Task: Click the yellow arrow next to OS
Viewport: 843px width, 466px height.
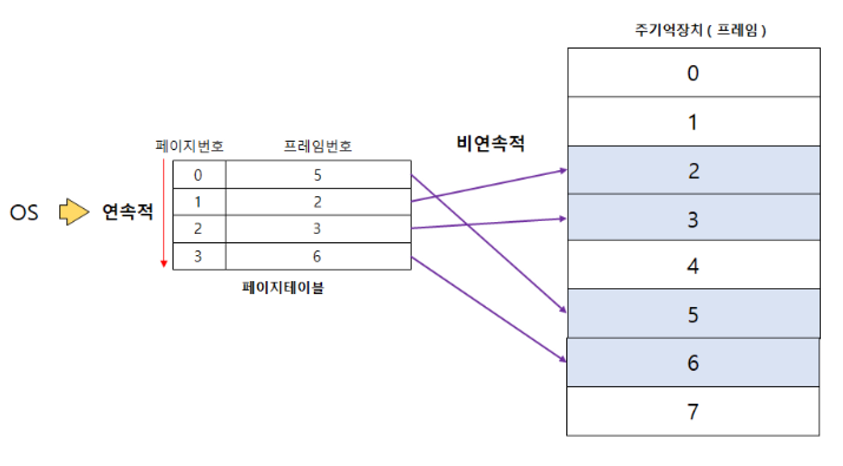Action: [x=74, y=212]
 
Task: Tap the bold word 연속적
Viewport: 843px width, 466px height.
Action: [x=127, y=212]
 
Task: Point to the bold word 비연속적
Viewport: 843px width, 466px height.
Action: [x=490, y=144]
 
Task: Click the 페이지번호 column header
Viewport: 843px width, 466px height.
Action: [x=189, y=146]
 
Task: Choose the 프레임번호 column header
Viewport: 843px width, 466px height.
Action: [x=317, y=146]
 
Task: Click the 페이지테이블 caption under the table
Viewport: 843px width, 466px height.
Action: [x=283, y=288]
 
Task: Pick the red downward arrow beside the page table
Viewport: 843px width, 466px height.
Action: [x=164, y=212]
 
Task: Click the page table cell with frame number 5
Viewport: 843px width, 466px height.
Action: [x=318, y=175]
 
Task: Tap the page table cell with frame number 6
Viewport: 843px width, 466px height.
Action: [x=318, y=257]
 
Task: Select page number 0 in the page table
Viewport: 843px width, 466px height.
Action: [x=198, y=175]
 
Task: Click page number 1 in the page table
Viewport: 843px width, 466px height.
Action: [x=198, y=202]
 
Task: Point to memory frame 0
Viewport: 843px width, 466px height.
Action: [x=693, y=73]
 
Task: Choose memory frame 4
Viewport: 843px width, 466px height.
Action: [x=693, y=265]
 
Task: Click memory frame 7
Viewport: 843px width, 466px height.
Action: [x=693, y=411]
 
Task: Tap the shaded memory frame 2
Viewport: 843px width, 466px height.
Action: [x=693, y=170]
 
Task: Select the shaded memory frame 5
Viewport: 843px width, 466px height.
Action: [x=693, y=314]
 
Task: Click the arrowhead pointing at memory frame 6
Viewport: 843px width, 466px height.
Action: [x=562, y=359]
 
